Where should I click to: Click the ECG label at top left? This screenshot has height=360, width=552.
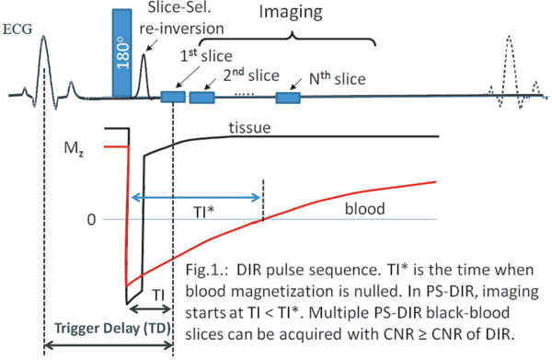click(x=19, y=29)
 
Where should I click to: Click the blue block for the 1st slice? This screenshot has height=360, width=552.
click(x=172, y=96)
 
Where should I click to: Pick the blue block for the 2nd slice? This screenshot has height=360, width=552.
click(x=201, y=96)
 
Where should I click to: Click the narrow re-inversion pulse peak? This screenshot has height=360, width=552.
click(x=143, y=64)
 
